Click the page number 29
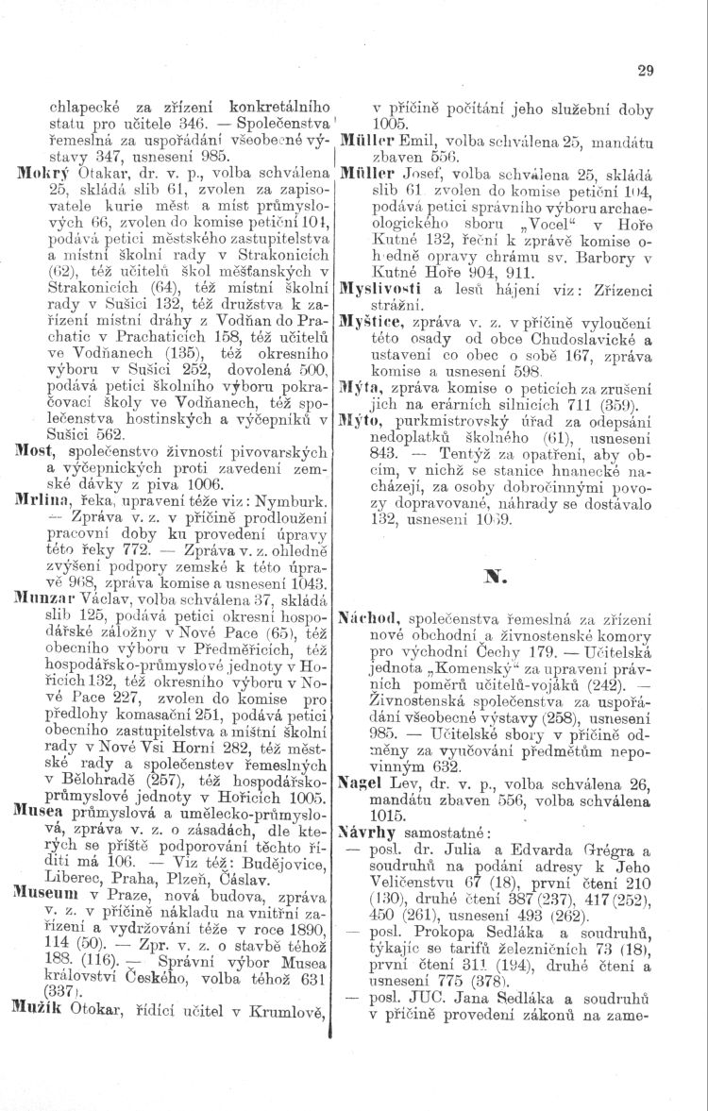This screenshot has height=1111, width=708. [646, 69]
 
